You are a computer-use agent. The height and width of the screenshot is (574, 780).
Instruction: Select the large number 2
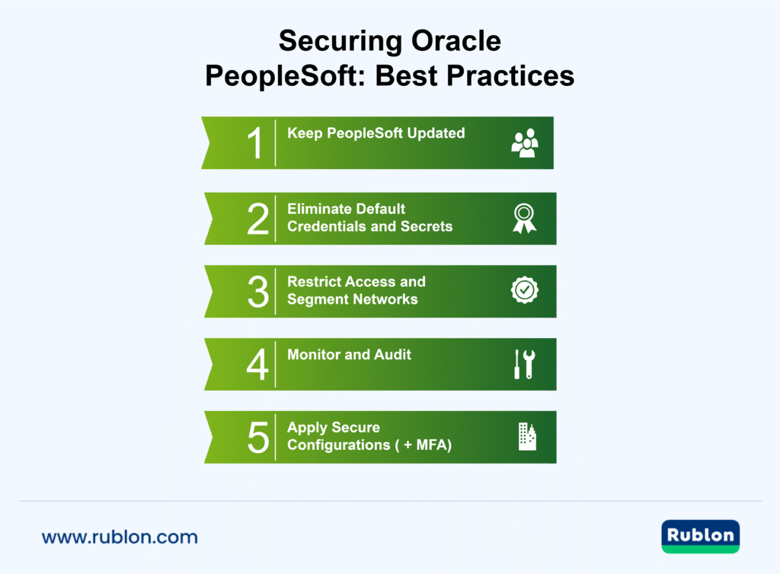click(x=257, y=218)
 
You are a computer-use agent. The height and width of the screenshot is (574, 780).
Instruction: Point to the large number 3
click(x=257, y=292)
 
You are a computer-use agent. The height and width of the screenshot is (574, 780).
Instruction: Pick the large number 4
click(x=257, y=365)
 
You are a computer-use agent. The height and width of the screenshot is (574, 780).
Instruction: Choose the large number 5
click(x=257, y=438)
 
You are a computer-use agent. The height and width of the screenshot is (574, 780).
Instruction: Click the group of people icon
click(x=524, y=143)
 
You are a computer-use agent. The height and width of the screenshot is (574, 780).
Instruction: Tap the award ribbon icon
click(x=524, y=218)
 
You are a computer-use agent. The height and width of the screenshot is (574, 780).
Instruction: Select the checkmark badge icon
click(x=524, y=290)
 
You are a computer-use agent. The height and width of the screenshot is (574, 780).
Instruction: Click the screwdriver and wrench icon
click(x=524, y=365)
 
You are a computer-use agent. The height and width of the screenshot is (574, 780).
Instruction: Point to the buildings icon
click(x=526, y=437)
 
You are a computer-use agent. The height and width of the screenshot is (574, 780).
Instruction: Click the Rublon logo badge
click(x=701, y=536)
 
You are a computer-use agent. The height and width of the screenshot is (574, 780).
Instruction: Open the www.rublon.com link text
click(x=120, y=537)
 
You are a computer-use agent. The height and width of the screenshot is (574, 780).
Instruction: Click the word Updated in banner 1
click(x=436, y=133)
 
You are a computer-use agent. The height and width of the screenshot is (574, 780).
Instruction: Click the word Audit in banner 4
click(x=392, y=355)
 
